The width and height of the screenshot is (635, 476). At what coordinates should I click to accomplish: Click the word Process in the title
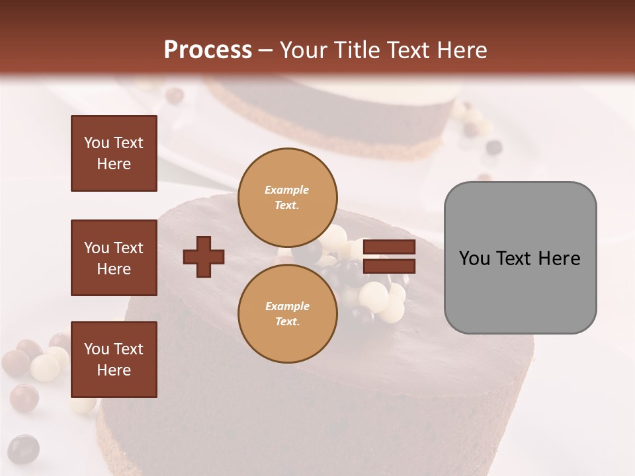208,50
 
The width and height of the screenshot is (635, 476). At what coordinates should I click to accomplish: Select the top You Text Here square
114,153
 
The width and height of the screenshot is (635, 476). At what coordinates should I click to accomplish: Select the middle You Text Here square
114,258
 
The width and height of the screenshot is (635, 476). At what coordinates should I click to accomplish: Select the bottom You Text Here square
114,359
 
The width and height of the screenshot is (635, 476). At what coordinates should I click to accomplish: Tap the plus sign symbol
204,257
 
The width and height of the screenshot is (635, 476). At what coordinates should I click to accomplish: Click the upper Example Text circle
287,198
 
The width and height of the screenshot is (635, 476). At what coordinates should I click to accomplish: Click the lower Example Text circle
287,314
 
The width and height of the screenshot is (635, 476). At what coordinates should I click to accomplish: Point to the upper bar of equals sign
389,247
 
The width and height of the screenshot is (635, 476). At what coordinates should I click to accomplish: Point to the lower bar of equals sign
389,266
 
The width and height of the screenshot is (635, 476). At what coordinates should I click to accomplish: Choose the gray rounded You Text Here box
520,258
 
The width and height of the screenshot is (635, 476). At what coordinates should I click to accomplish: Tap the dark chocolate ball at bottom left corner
23,448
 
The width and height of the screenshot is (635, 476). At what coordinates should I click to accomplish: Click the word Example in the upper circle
287,190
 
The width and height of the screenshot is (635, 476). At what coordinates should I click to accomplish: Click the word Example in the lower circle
287,306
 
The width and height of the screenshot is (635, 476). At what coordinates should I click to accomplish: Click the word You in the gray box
475,258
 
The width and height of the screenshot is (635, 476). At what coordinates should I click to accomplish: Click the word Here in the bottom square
114,370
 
